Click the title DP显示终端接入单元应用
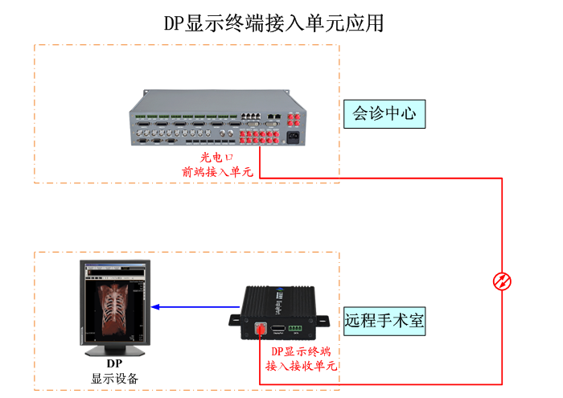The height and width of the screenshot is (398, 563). point(274,23)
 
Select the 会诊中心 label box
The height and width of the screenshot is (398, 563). point(384,114)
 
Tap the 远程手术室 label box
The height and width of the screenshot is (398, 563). point(384,321)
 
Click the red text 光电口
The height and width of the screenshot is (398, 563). point(216,158)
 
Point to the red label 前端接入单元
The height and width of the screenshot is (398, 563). point(217,172)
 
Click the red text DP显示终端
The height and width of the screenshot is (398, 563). point(301,351)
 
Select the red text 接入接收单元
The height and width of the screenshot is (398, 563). point(301,366)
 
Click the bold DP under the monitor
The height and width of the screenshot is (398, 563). point(114,363)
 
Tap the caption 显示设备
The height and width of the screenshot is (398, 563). point(114,379)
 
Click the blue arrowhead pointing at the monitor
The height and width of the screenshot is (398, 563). point(155,307)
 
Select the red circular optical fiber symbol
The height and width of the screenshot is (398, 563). point(502,281)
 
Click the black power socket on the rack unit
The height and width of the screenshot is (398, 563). point(293,137)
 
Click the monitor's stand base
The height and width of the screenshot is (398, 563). point(115,351)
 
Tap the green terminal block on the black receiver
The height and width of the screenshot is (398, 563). point(295,328)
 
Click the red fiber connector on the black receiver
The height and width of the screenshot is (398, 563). point(261,328)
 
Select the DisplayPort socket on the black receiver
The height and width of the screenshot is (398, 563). point(277,328)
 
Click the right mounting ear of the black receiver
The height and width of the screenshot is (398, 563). point(322,321)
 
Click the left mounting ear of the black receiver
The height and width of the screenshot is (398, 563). point(236,320)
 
